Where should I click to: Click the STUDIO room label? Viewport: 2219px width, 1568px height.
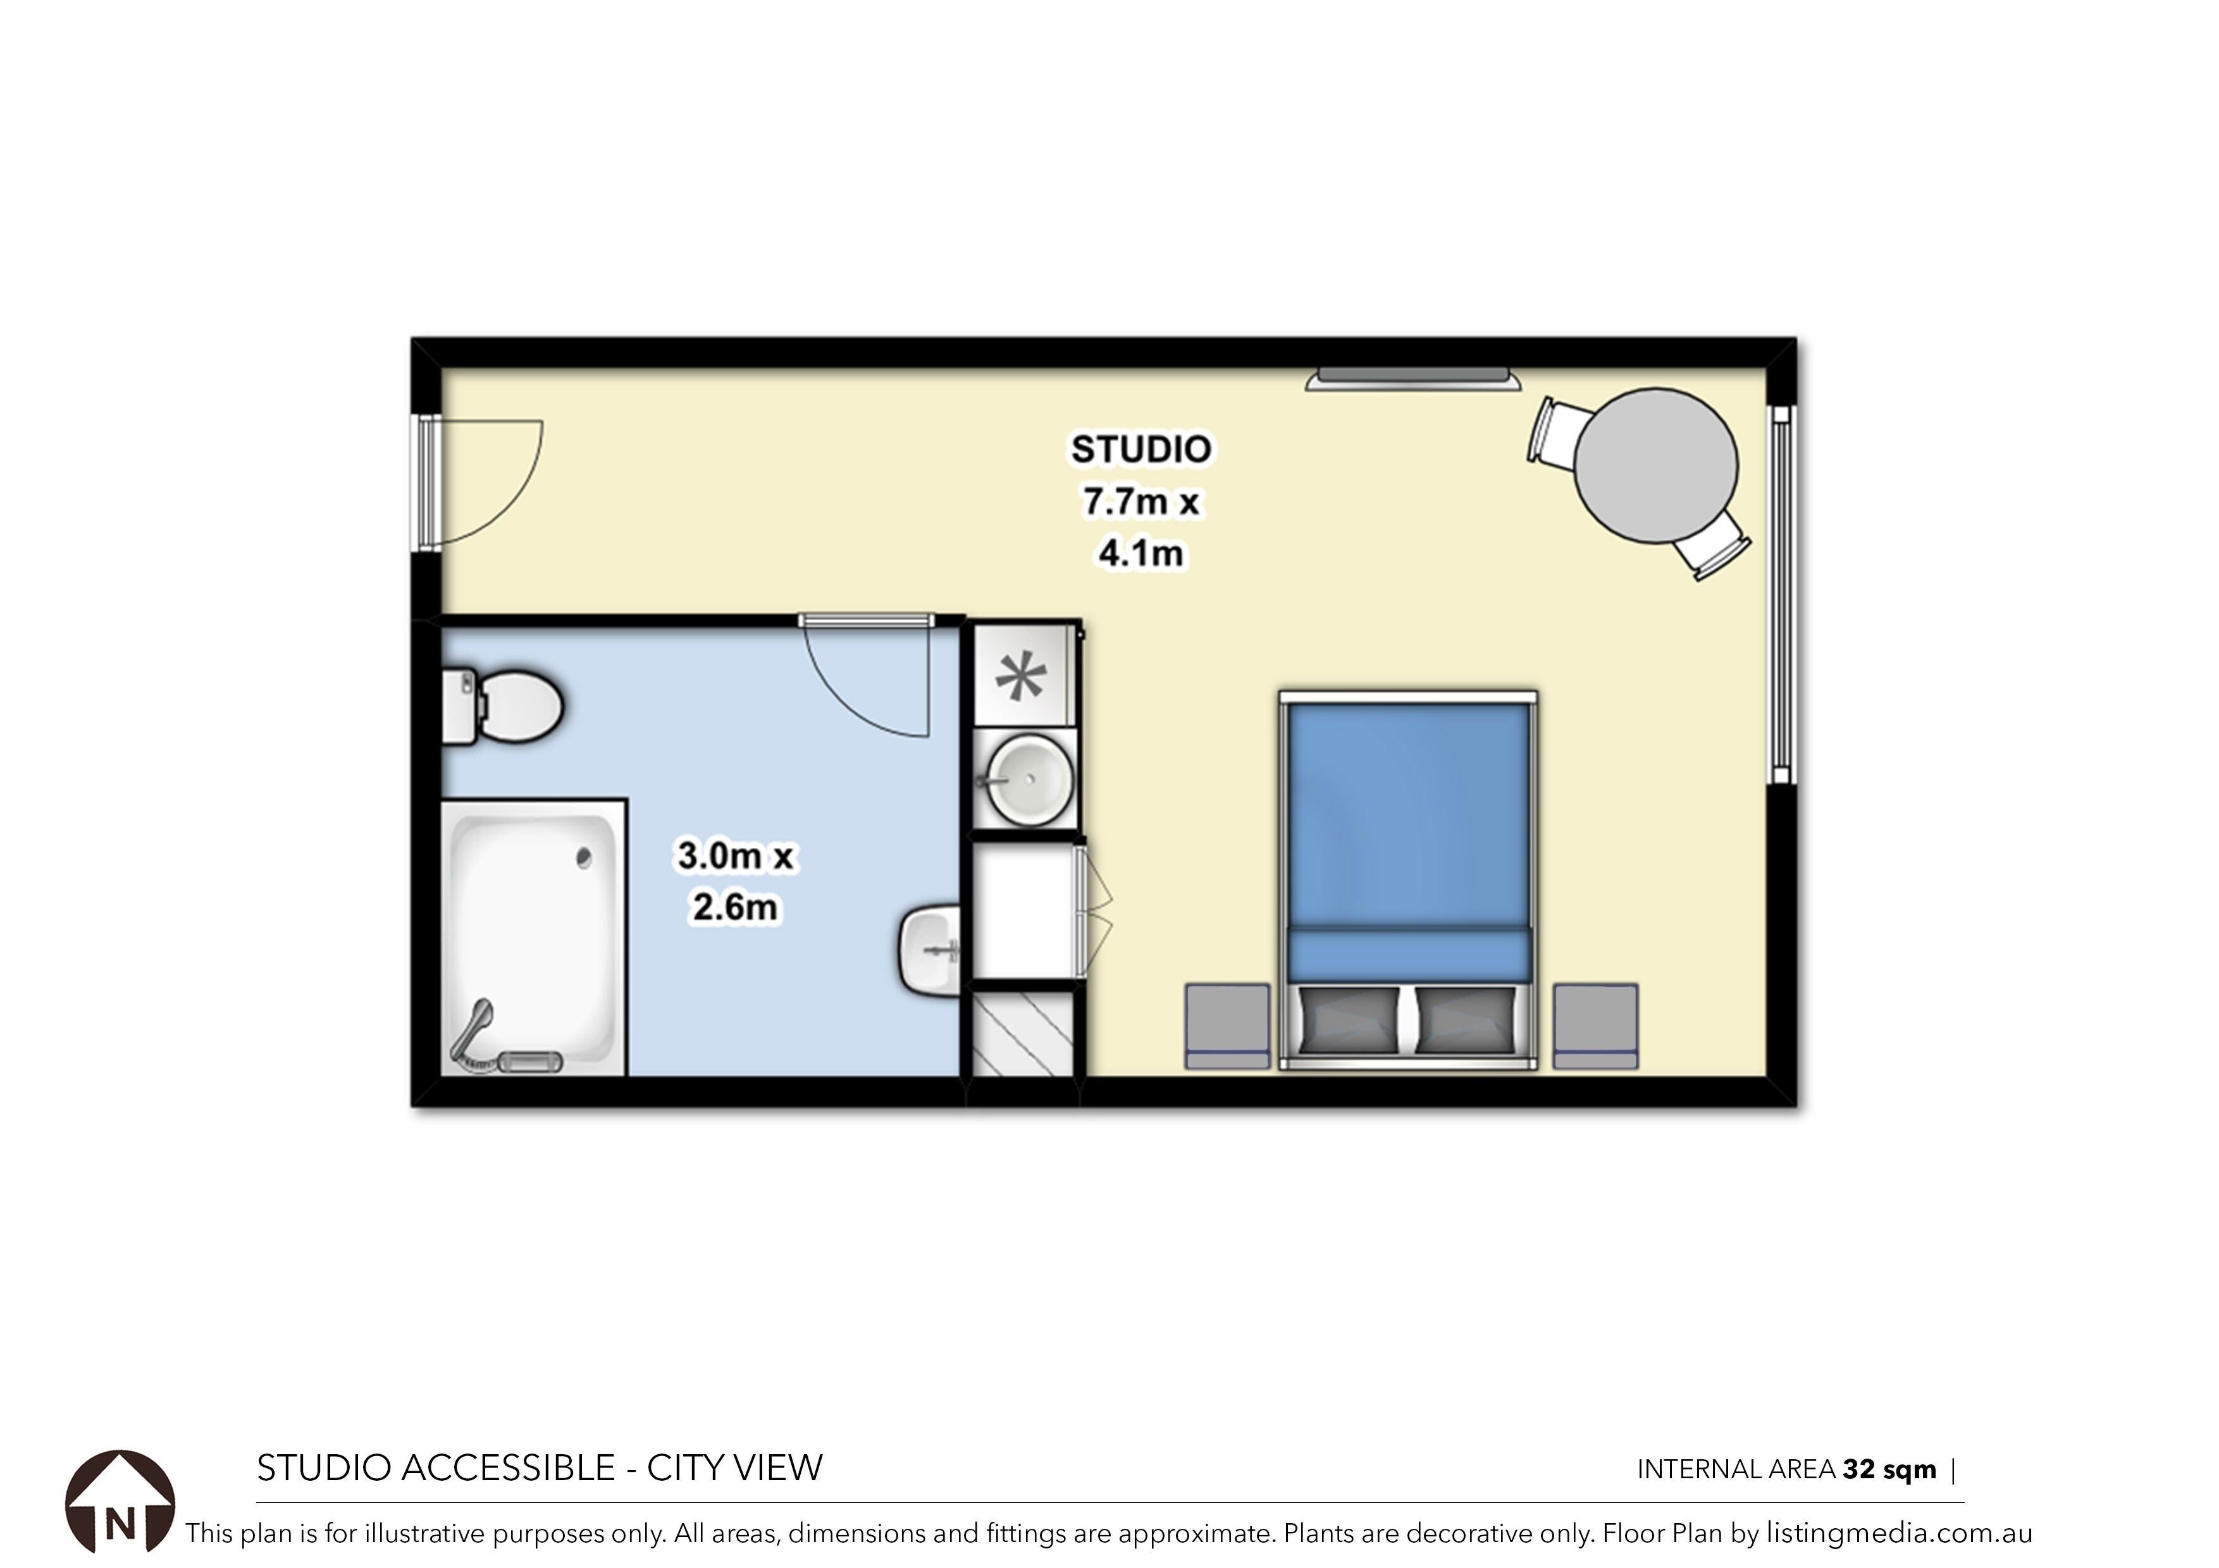[x=1140, y=450]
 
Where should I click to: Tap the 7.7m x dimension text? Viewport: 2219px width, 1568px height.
[x=1140, y=501]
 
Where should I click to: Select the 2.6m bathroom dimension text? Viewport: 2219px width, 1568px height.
[x=734, y=907]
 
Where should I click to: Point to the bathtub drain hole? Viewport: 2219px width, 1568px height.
[x=583, y=857]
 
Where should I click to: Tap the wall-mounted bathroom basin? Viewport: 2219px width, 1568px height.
[x=930, y=950]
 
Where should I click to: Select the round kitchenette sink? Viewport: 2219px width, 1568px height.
[x=1029, y=779]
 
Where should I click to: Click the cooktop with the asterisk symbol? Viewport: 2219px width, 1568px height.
[x=1022, y=675]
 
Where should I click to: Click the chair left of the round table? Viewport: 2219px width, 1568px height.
[x=1555, y=432]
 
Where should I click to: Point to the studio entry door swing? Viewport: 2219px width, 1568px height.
[x=490, y=483]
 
